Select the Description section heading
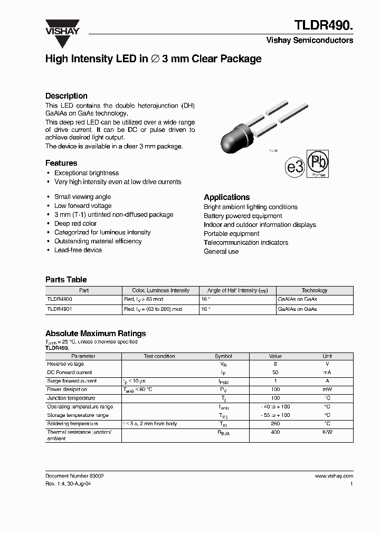[66, 96]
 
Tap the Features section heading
[61, 163]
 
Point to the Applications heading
[227, 197]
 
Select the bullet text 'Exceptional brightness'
[87, 173]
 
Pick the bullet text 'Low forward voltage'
[83, 206]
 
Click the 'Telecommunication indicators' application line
[246, 243]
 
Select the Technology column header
[315, 290]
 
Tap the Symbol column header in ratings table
[223, 356]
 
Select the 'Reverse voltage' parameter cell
[65, 364]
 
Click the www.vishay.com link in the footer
[334, 476]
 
